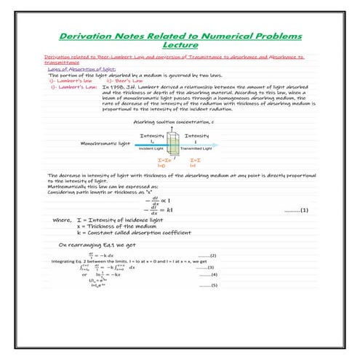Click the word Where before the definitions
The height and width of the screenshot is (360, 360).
click(62, 218)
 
